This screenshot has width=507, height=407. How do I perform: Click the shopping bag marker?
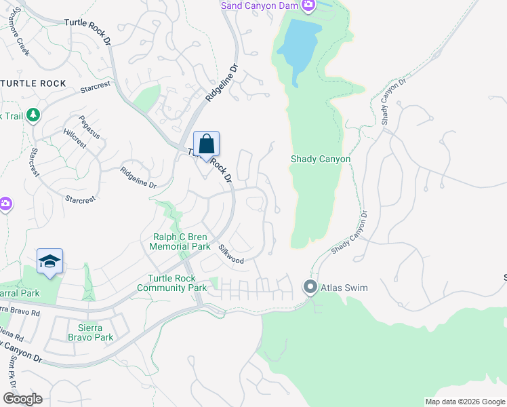tap(207, 145)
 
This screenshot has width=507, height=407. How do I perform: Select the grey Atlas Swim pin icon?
tap(310, 288)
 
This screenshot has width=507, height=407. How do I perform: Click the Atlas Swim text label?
tap(344, 288)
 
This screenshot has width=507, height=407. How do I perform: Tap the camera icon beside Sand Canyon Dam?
tap(308, 6)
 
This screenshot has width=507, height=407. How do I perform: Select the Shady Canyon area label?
tap(321, 159)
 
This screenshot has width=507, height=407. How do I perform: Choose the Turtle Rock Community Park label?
tap(171, 284)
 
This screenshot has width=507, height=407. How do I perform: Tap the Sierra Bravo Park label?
tap(91, 332)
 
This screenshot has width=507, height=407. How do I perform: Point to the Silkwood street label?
tap(230, 254)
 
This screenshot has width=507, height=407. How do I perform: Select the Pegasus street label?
tap(89, 127)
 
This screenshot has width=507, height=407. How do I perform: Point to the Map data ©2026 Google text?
tap(464, 402)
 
